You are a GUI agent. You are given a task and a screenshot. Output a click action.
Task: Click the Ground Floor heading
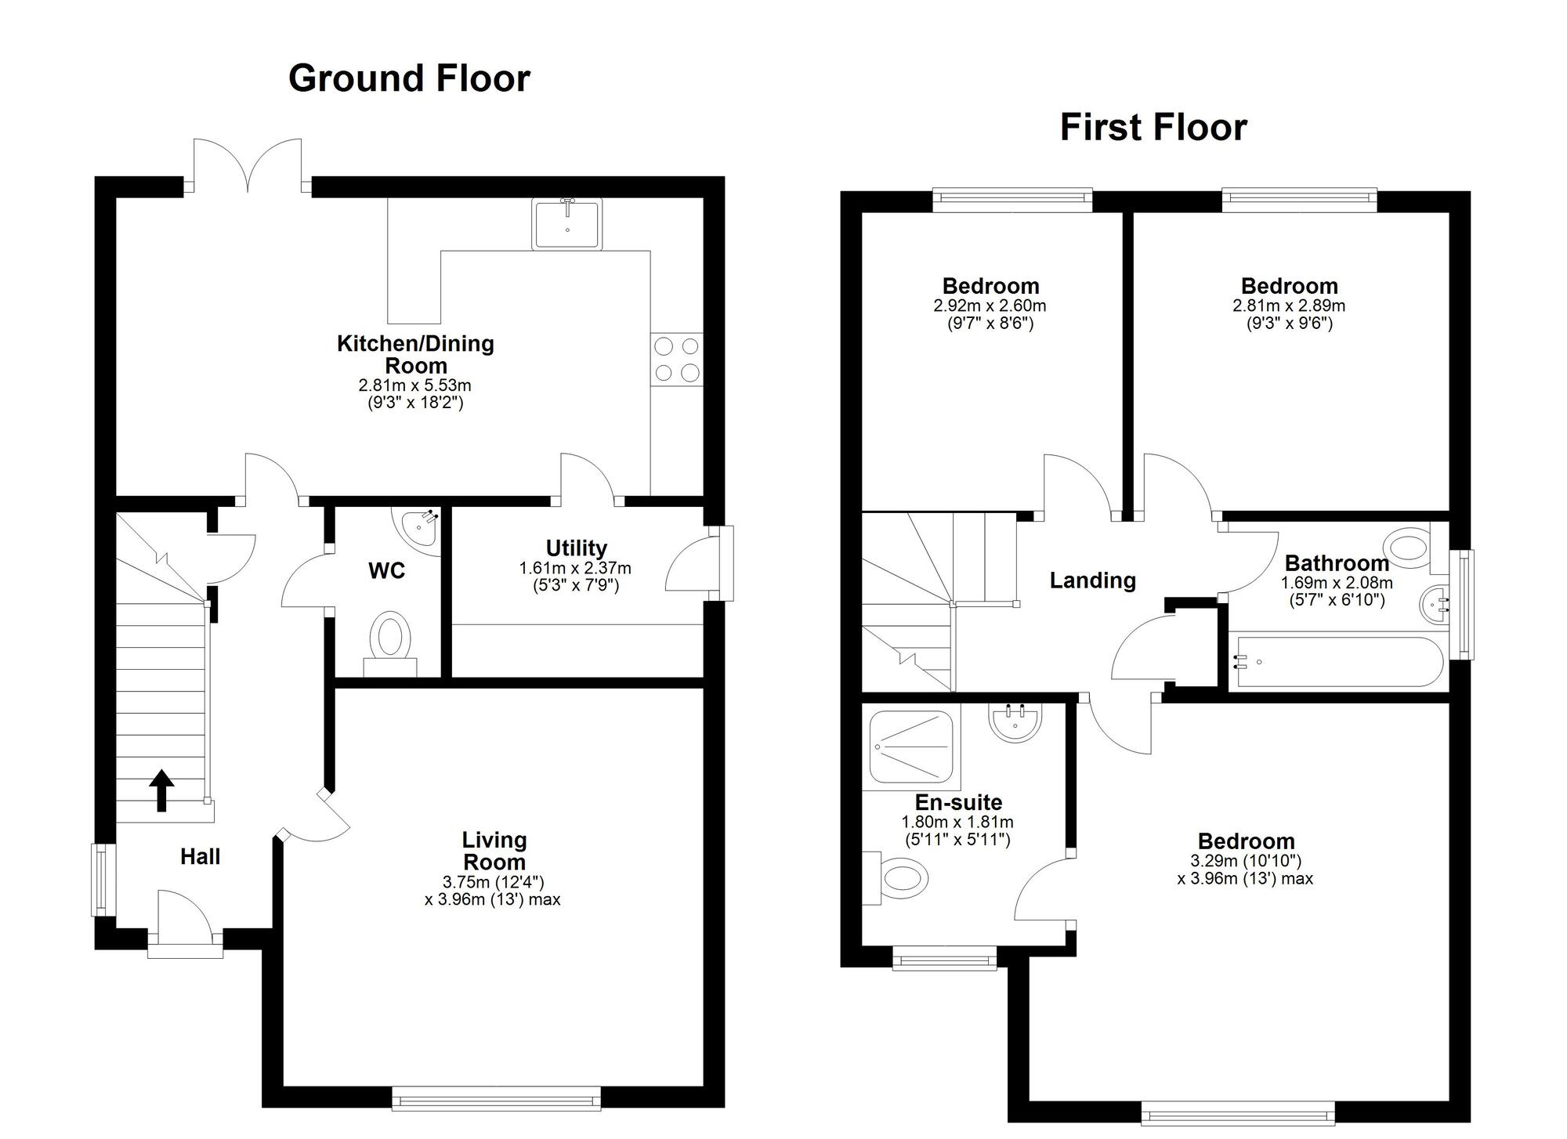(409, 78)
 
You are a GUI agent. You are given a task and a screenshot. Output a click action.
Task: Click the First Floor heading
(1153, 128)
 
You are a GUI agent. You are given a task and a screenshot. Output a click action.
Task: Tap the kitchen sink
(568, 224)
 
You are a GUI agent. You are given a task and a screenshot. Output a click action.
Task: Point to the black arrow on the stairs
(161, 790)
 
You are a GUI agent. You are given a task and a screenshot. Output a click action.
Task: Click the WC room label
(387, 571)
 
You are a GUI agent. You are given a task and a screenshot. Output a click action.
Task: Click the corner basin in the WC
(420, 529)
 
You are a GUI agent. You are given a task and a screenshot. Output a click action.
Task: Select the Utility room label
(577, 548)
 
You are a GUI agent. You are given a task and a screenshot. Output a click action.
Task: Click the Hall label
(200, 857)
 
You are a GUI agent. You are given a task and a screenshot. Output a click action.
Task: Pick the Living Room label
(494, 851)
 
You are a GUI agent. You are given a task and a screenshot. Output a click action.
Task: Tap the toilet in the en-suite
(895, 878)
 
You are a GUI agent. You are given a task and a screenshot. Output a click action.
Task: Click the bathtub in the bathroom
(1337, 661)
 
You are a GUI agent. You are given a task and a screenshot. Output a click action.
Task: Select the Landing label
(1093, 580)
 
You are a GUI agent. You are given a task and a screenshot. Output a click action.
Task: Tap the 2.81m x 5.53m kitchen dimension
(415, 385)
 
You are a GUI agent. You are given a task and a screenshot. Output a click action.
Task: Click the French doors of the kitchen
(248, 166)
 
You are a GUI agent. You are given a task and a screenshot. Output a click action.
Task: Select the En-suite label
(958, 803)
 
